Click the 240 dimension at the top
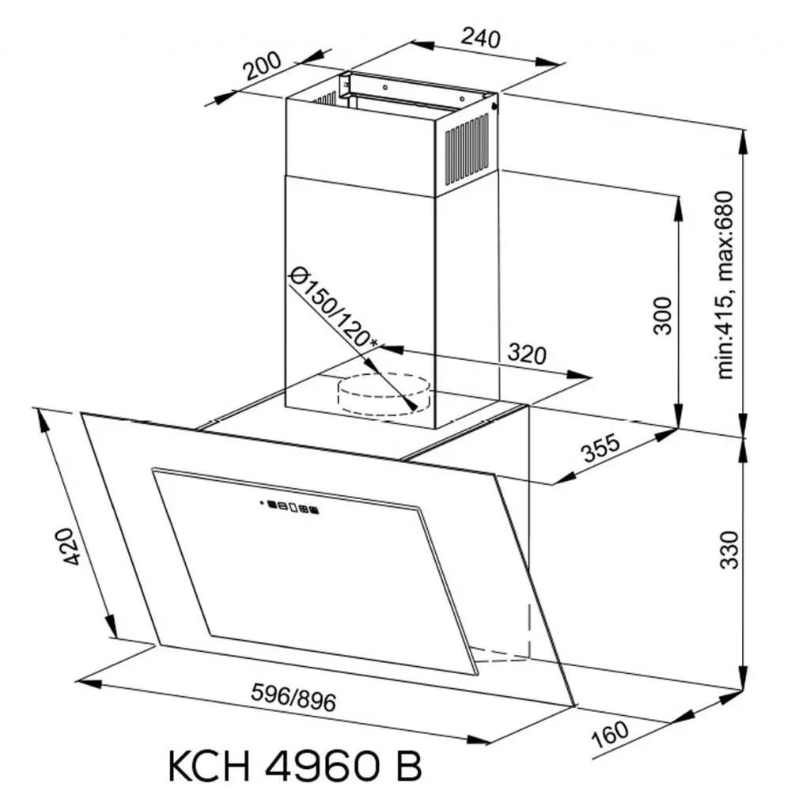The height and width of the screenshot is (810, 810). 482,37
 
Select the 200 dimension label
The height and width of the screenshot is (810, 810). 263,70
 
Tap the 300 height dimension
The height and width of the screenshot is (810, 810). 663,315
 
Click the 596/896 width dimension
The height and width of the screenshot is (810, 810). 293,698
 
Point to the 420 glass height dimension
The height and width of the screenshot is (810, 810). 72,546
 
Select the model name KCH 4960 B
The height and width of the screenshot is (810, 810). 294,767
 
